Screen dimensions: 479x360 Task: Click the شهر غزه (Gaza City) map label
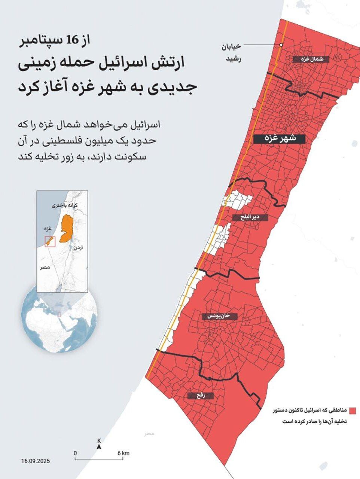279,138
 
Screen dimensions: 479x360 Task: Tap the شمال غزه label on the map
311,59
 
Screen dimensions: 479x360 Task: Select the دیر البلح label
250,217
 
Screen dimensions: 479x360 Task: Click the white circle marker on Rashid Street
281,45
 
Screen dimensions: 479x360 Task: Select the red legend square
352,411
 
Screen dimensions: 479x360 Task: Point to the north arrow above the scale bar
99,446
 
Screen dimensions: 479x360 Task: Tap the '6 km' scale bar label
123,453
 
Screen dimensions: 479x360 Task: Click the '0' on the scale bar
75,453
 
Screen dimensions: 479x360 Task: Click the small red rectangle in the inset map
50,242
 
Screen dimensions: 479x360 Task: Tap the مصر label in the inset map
45,267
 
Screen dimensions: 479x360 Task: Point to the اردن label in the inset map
78,248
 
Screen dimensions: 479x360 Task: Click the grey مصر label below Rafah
149,433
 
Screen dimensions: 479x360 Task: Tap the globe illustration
60,322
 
